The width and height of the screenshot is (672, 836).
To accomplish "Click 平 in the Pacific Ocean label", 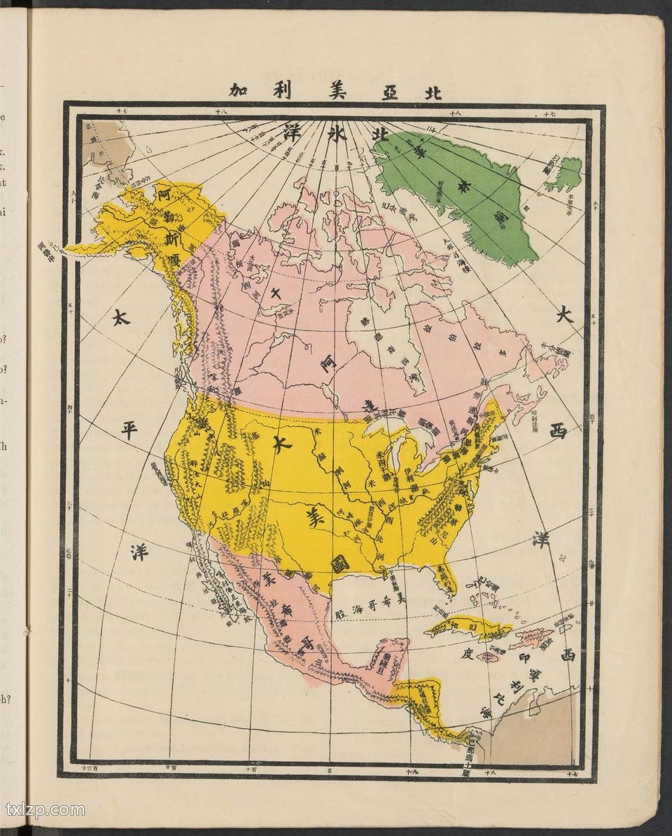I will pos(129,431).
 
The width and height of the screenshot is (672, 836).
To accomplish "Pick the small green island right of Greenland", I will pos(566,174).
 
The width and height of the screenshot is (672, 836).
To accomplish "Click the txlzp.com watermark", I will pos(45,810).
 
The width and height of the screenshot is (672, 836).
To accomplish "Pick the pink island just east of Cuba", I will pos(532,637).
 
